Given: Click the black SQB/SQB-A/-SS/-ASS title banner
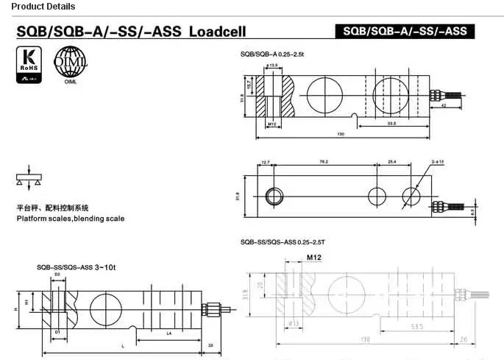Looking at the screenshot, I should tap(404, 32).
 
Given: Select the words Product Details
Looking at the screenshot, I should tap(38, 7).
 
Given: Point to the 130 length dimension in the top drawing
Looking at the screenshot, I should tap(341, 134).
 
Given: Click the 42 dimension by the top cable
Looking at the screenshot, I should tap(442, 106).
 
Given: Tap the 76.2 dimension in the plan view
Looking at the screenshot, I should tap(323, 162).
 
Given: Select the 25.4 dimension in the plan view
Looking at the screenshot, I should tap(392, 162).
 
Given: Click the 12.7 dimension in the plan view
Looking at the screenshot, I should tap(266, 162).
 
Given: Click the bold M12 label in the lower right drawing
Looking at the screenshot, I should tap(315, 258).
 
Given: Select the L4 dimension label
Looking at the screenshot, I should tap(168, 333).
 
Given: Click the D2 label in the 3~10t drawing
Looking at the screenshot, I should tap(57, 275).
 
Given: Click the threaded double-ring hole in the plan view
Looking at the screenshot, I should tap(274, 196).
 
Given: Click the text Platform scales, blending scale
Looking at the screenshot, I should tap(71, 219).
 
